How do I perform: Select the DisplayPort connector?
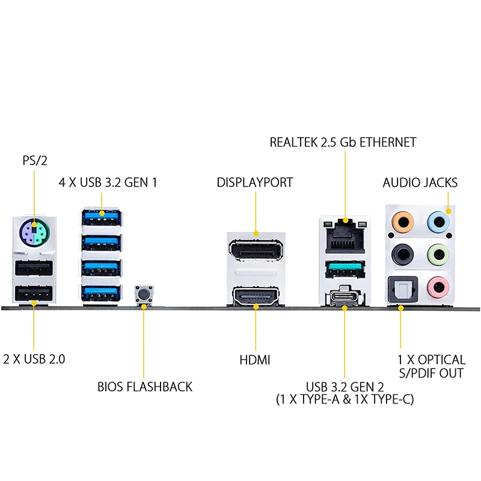click(x=256, y=251)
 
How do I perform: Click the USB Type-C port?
click(x=345, y=296)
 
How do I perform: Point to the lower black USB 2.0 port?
click(x=34, y=293)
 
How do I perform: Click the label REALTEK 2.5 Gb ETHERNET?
click(x=343, y=142)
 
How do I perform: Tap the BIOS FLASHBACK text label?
click(x=145, y=387)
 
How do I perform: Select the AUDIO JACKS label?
click(x=420, y=183)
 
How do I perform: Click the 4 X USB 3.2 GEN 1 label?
click(x=108, y=182)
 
